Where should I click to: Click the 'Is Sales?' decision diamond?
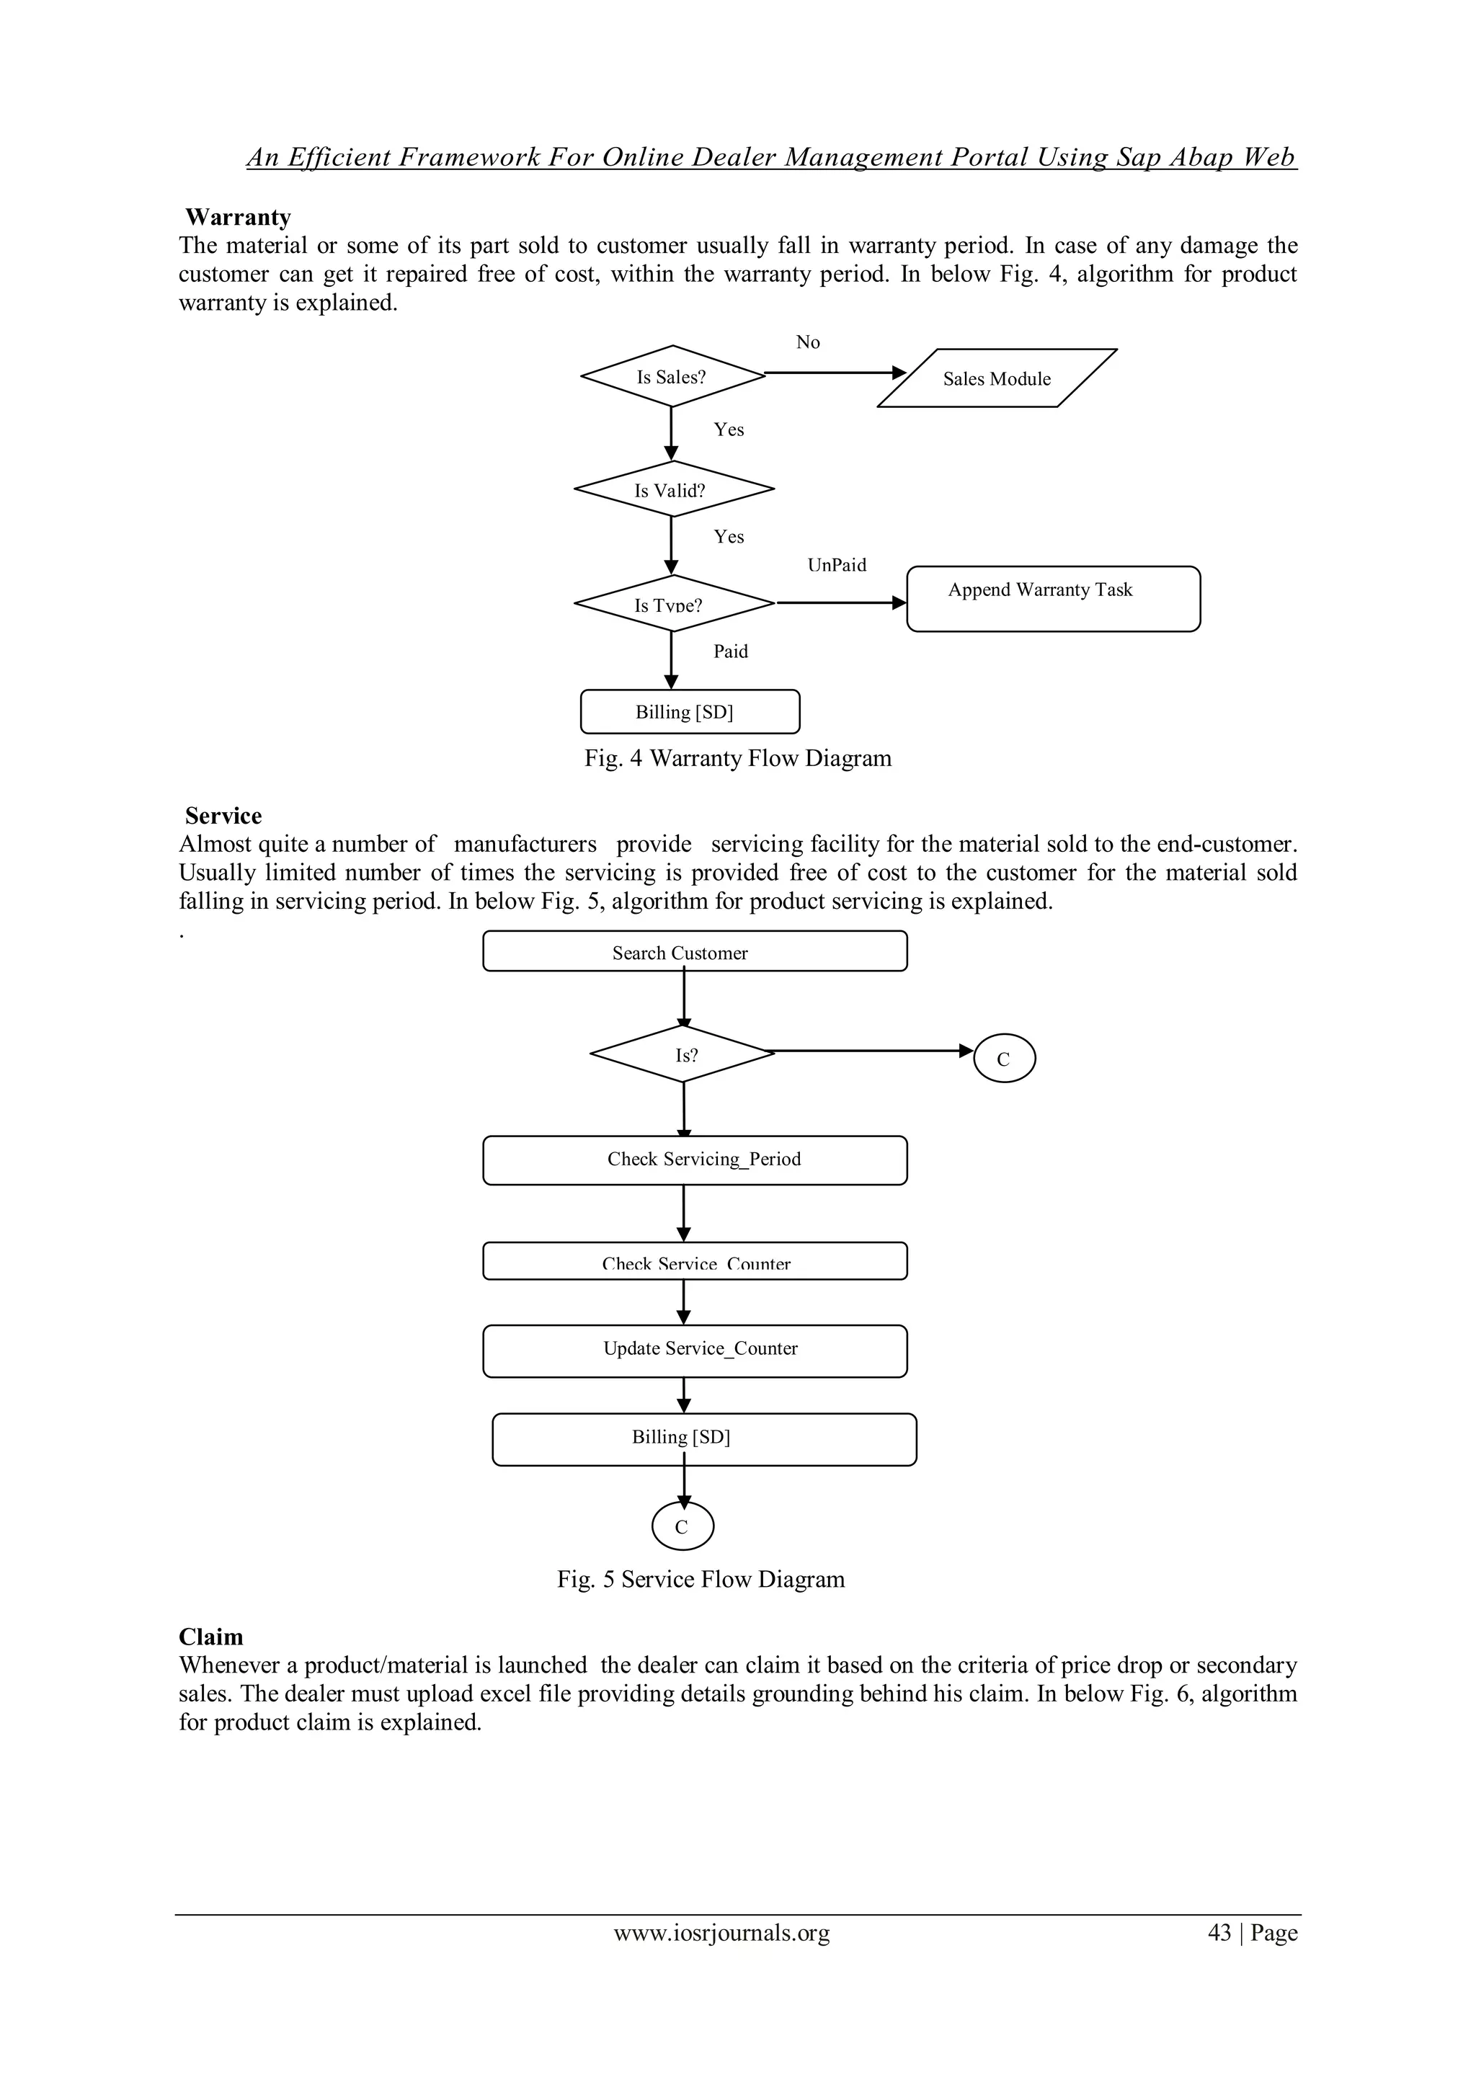[x=672, y=376]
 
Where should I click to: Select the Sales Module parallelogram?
[x=996, y=378]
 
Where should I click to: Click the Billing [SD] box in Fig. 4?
[x=689, y=712]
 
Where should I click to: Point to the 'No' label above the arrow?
[x=807, y=342]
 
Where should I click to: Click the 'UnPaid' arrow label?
[x=836, y=564]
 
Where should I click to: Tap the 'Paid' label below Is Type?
[x=730, y=651]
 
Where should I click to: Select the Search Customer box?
[x=694, y=952]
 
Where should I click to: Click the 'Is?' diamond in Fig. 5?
[x=683, y=1054]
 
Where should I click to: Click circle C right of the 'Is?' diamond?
[x=1003, y=1059]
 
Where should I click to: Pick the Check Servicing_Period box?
[x=694, y=1159]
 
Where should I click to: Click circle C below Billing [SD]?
[x=683, y=1527]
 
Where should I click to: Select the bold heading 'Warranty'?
[x=237, y=216]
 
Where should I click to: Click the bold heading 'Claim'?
[x=211, y=1637]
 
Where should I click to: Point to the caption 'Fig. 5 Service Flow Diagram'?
[x=700, y=1579]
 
